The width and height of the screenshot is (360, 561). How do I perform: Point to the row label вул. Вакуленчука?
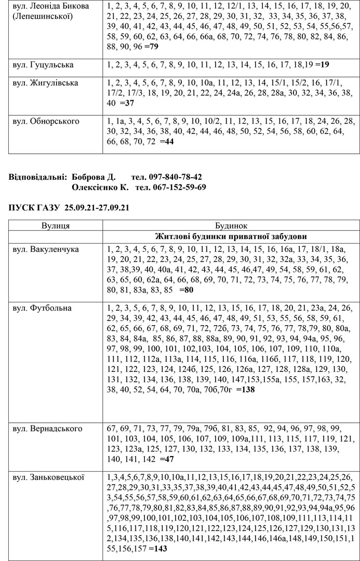point(46,249)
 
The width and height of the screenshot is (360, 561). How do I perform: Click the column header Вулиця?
point(56,226)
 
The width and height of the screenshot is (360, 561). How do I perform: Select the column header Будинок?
point(231,226)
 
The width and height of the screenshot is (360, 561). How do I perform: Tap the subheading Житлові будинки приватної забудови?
point(231,236)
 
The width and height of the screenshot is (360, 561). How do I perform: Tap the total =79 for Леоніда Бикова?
point(151,46)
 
